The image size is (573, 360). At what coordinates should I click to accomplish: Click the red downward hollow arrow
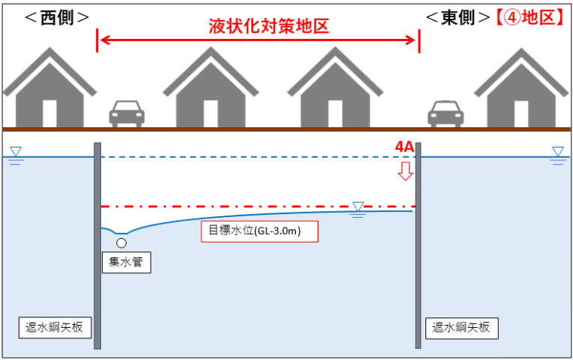[405, 171]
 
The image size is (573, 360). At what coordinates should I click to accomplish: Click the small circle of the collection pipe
[121, 242]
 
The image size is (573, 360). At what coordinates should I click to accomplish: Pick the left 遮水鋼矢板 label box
[51, 327]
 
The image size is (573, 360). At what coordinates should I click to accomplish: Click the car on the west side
[126, 114]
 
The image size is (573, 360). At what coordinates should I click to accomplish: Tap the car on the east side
[446, 114]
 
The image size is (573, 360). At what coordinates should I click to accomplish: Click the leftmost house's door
[49, 113]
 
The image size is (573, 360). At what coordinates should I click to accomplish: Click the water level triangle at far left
[16, 152]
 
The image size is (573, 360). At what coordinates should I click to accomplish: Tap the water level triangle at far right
[557, 152]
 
